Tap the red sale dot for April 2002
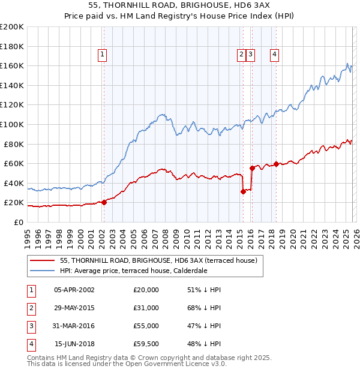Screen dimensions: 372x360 [104, 202]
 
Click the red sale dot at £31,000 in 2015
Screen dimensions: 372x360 [243, 191]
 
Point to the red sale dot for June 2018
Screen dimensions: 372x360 [276, 164]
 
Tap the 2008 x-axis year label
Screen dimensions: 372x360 [166, 238]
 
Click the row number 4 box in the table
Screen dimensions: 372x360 [31, 344]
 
